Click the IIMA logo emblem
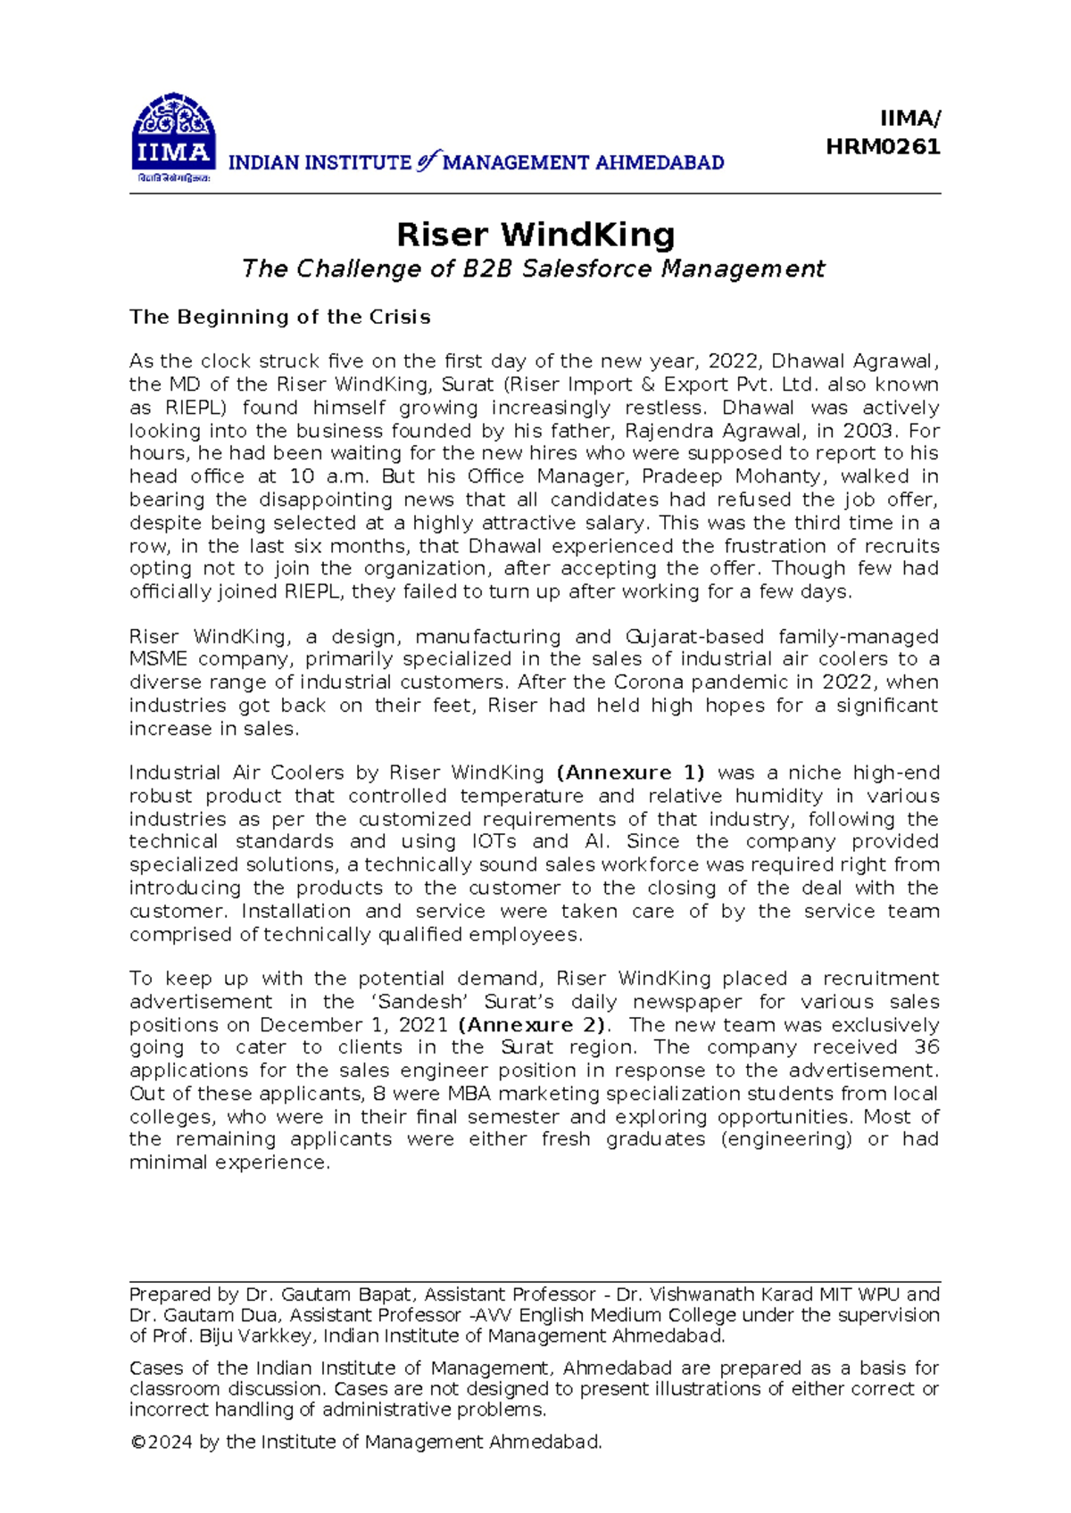[173, 136]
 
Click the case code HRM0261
[883, 147]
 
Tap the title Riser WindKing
[535, 235]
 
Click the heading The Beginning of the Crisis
[279, 318]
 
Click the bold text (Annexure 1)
[630, 773]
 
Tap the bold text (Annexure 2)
[532, 1025]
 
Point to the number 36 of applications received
[926, 1047]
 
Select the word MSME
[158, 659]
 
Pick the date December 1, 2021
[354, 1025]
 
